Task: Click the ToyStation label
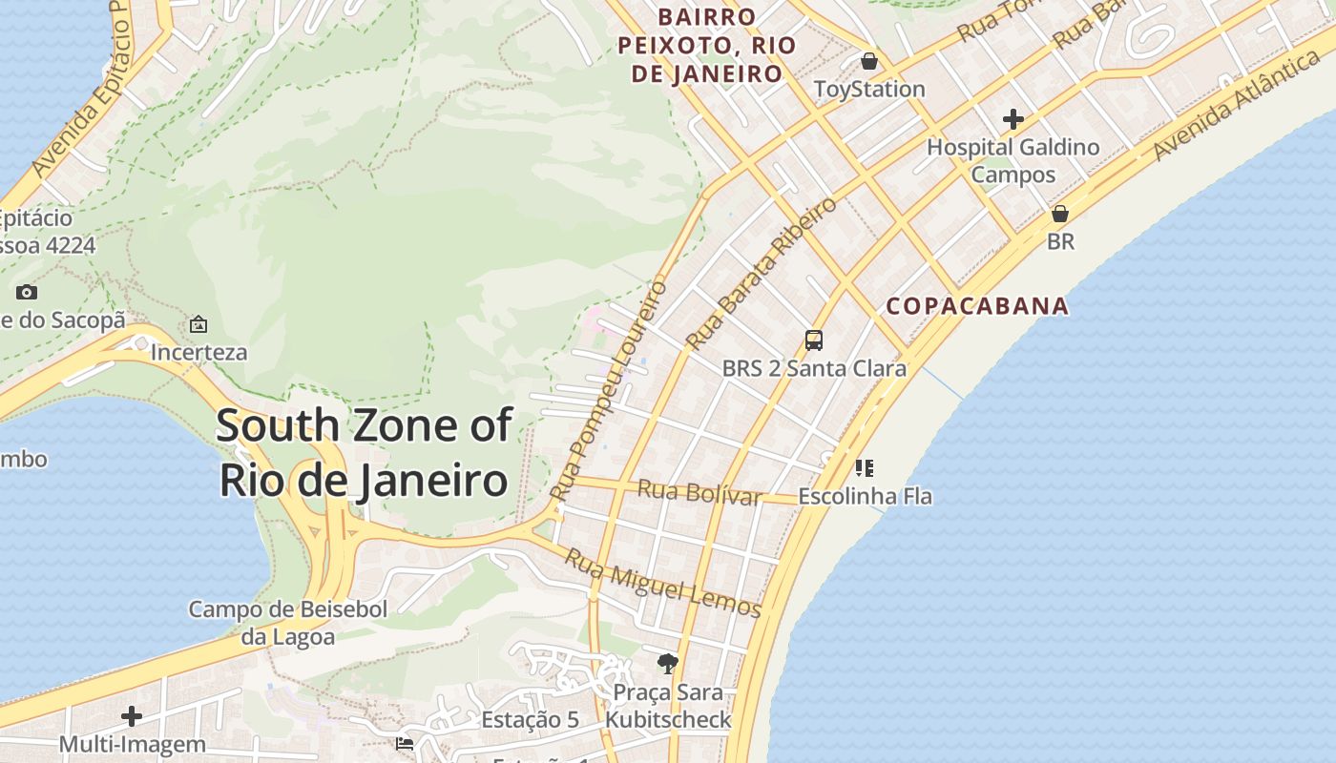click(868, 89)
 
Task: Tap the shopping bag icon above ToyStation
click(868, 62)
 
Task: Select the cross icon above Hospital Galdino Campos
click(1013, 119)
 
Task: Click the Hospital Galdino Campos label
click(1013, 160)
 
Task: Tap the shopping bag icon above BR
click(1059, 214)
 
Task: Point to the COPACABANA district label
click(977, 306)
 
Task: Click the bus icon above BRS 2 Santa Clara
click(813, 340)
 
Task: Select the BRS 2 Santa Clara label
click(813, 368)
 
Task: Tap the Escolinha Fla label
click(865, 496)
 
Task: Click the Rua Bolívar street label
click(699, 492)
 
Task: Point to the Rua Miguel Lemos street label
click(662, 583)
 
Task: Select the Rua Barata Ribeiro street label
click(761, 273)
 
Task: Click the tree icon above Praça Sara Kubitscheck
click(668, 663)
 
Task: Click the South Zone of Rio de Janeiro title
click(364, 452)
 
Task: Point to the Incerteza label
click(198, 352)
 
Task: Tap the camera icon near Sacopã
click(27, 292)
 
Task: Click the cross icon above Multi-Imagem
click(132, 715)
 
